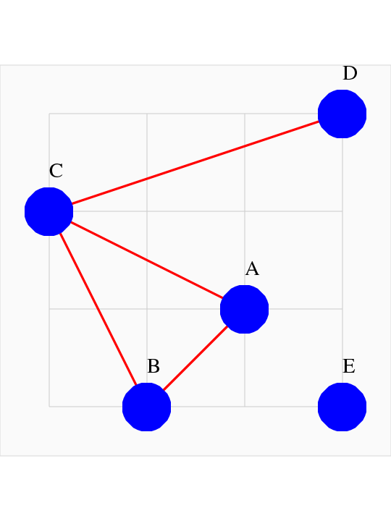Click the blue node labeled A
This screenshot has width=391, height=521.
coord(245,309)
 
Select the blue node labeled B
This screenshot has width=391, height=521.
coord(146,407)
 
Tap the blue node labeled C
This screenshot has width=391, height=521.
coord(49,211)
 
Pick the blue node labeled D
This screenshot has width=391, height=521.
coord(342,114)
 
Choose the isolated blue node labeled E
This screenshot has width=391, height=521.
coord(342,407)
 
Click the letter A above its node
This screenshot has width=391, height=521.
coord(252,268)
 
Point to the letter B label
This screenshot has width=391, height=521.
coord(154,366)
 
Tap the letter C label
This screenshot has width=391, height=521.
coord(56,171)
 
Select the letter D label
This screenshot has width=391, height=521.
coord(350,73)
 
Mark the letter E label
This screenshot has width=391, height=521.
coord(349,366)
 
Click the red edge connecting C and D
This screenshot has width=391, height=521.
coord(195,163)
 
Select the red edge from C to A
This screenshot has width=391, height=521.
coord(146,260)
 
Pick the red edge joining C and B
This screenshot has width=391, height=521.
coord(98,309)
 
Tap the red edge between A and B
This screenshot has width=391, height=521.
coord(195,358)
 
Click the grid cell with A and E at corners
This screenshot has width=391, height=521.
coord(293,358)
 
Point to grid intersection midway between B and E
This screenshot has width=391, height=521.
coord(245,407)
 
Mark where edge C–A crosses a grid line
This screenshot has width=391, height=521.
coord(146,260)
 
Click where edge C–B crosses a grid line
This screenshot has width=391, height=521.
coord(98,309)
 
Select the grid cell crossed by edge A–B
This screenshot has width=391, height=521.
coord(195,358)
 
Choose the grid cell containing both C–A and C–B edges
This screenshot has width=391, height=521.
coord(98,260)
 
